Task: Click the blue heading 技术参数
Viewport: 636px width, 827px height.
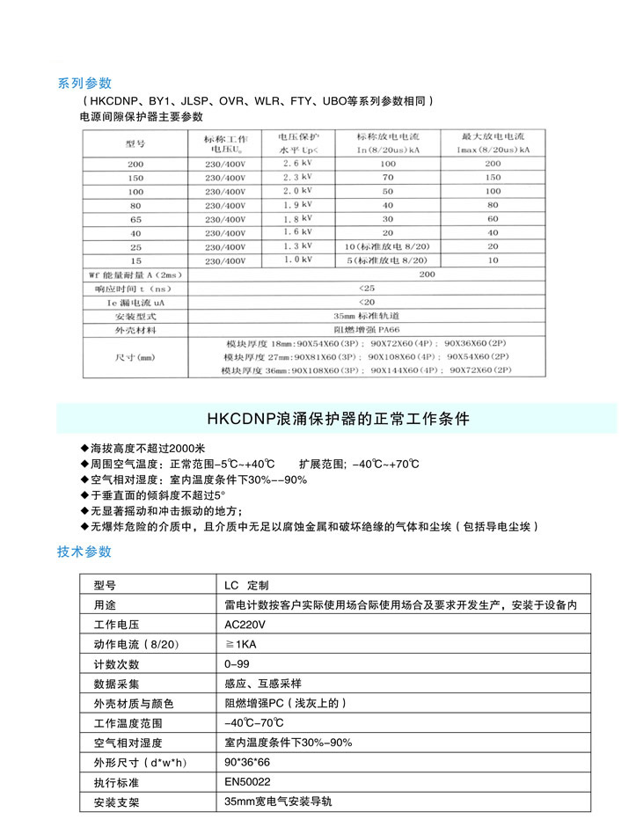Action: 84,552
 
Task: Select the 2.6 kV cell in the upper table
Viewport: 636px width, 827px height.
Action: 296,164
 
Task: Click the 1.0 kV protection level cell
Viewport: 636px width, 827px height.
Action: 296,260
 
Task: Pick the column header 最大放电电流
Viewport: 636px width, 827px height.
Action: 493,138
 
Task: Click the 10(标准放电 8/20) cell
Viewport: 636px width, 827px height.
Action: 388,246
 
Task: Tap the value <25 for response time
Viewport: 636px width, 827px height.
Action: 367,288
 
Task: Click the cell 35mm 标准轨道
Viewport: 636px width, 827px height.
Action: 367,315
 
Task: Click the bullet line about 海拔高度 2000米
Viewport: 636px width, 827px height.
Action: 141,448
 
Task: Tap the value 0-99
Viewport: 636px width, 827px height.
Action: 238,664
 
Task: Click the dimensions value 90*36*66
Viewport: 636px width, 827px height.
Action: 247,762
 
